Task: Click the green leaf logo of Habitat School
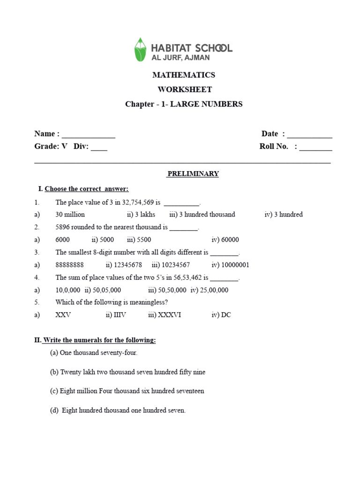coord(140,50)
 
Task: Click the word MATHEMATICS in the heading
coord(184,75)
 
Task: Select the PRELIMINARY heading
coord(193,174)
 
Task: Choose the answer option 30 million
coord(70,215)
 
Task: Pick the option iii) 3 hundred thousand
coord(202,215)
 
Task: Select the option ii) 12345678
coord(124,265)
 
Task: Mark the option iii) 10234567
coord(171,265)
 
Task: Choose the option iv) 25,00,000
coord(210,290)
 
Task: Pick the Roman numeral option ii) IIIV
coord(116,315)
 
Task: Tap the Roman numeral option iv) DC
coord(221,315)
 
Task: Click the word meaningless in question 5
coord(148,302)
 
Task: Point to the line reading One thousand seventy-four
coord(94,353)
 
